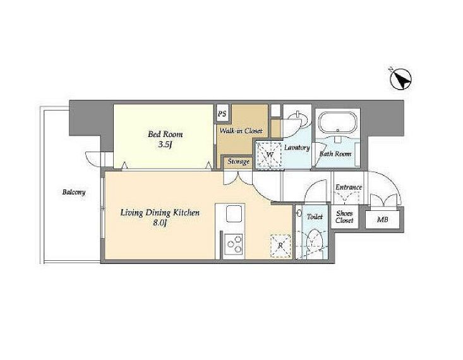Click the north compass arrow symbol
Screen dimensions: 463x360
[x=400, y=79]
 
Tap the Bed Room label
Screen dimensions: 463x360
[x=165, y=135]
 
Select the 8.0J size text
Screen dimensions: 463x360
[x=160, y=223]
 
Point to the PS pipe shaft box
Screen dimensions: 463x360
[x=222, y=113]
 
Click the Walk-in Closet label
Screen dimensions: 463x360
[x=241, y=131]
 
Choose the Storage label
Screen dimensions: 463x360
[x=238, y=162]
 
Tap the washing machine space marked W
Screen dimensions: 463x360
[x=269, y=155]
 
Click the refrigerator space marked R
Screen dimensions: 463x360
[x=280, y=246]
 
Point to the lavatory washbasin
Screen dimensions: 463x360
[x=296, y=120]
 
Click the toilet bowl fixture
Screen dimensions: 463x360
[x=314, y=244]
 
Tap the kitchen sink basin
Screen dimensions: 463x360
[x=234, y=213]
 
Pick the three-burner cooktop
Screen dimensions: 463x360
[x=233, y=244]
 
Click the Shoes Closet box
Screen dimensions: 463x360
[x=345, y=217]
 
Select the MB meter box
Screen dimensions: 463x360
[x=382, y=219]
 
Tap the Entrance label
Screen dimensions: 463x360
[x=349, y=187]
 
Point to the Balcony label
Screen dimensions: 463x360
[x=74, y=192]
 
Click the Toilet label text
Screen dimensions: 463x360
[x=315, y=217]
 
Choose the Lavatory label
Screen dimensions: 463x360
[x=297, y=147]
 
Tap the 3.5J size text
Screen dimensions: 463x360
[x=165, y=145]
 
